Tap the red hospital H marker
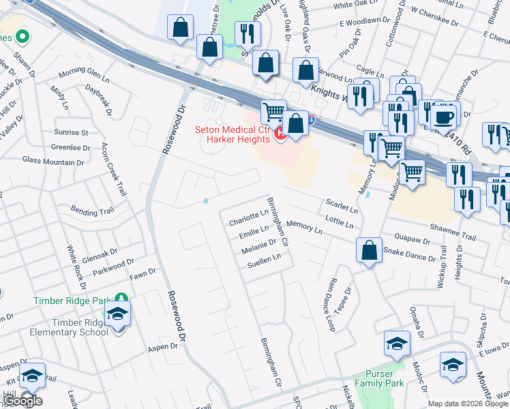click(x=280, y=136)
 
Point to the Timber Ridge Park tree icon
click(x=121, y=299)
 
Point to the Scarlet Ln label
click(x=341, y=204)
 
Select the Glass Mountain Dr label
click(x=52, y=161)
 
